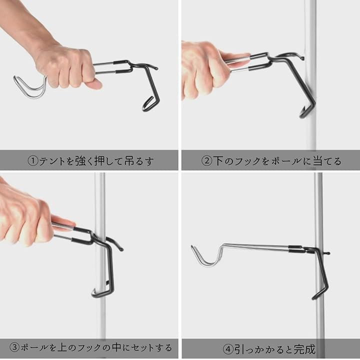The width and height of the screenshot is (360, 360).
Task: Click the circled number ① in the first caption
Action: pos(33,161)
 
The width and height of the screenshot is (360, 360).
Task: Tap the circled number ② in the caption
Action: pos(206,161)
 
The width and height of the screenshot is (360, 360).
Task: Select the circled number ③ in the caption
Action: pos(14,347)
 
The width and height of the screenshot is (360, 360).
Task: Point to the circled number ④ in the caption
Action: pos(228,349)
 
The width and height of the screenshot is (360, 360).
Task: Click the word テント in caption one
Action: pos(52,161)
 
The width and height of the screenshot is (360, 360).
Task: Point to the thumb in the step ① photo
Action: pos(93,84)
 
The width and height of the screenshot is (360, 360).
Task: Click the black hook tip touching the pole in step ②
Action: pos(301,58)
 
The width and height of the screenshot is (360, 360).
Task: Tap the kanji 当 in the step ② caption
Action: pos(318,161)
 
